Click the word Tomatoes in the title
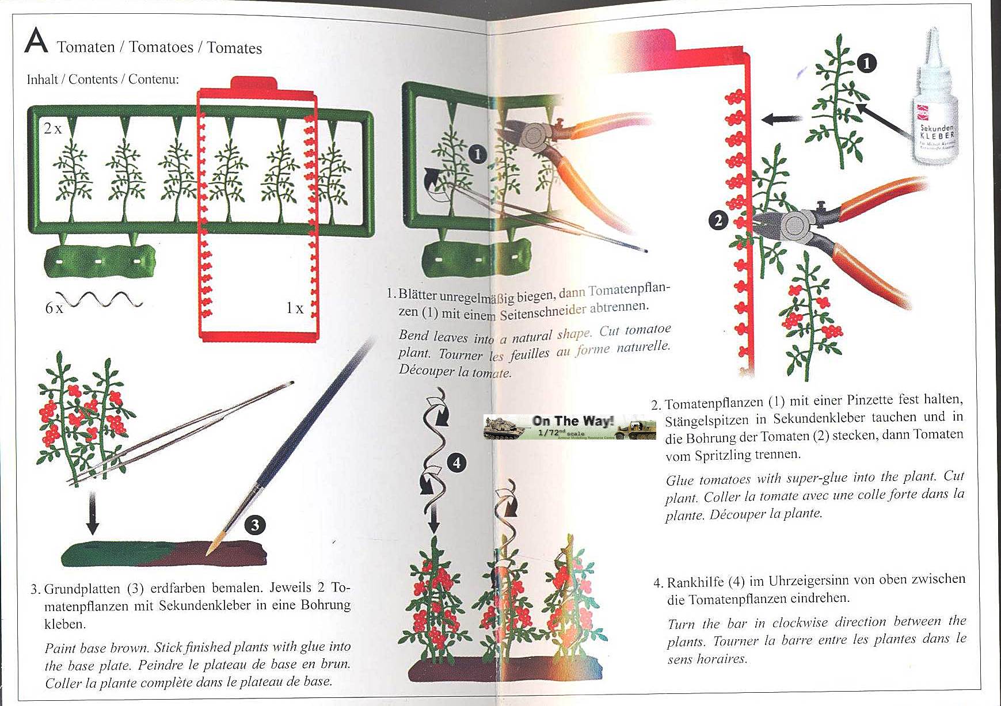pyautogui.click(x=161, y=47)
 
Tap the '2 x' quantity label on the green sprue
pyautogui.click(x=53, y=128)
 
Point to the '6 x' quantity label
pyautogui.click(x=54, y=308)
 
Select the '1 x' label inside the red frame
pyautogui.click(x=295, y=308)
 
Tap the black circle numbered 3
pyautogui.click(x=255, y=524)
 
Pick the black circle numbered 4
pyautogui.click(x=456, y=463)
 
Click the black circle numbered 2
pyautogui.click(x=718, y=220)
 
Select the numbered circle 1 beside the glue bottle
pyautogui.click(x=867, y=63)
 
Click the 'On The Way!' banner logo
pyautogui.click(x=569, y=427)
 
